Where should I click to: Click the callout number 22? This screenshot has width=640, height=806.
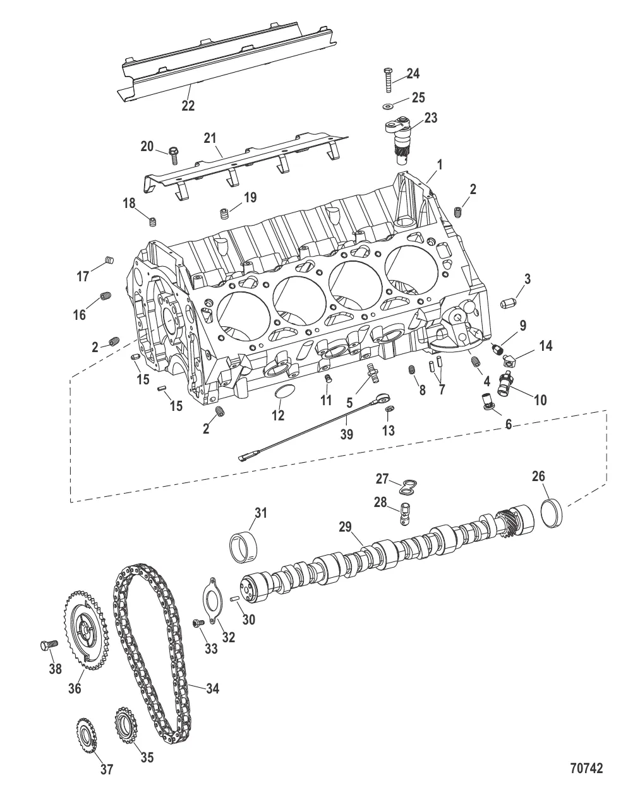pyautogui.click(x=188, y=106)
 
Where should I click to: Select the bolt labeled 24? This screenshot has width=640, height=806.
pyautogui.click(x=387, y=80)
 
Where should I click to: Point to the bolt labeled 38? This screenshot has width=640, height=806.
pyautogui.click(x=48, y=645)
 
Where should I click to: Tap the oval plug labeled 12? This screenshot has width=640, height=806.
pyautogui.click(x=282, y=393)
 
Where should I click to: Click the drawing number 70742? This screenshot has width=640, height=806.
pyautogui.click(x=586, y=768)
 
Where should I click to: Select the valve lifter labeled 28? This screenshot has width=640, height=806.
pyautogui.click(x=401, y=513)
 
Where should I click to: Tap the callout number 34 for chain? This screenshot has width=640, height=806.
pyautogui.click(x=212, y=688)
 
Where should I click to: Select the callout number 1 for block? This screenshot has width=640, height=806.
pyautogui.click(x=439, y=164)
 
